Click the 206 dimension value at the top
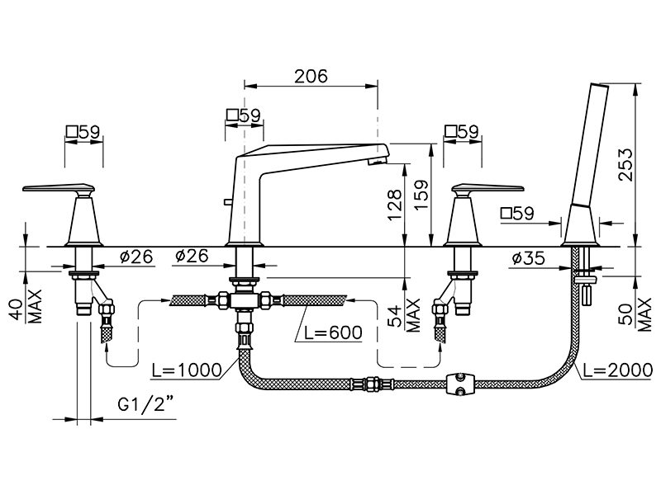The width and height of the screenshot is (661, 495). pyautogui.click(x=311, y=76)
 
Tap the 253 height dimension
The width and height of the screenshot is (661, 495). pyautogui.click(x=625, y=165)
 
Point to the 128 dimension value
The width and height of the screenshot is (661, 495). pyautogui.click(x=395, y=205)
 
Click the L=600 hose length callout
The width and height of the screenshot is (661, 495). pyautogui.click(x=334, y=332)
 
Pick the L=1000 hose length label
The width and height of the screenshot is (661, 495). pyautogui.click(x=187, y=370)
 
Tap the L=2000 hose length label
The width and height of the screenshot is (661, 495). pyautogui.click(x=618, y=370)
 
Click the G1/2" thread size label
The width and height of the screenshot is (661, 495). pyautogui.click(x=145, y=405)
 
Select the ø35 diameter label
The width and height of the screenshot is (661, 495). pyautogui.click(x=528, y=257)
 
